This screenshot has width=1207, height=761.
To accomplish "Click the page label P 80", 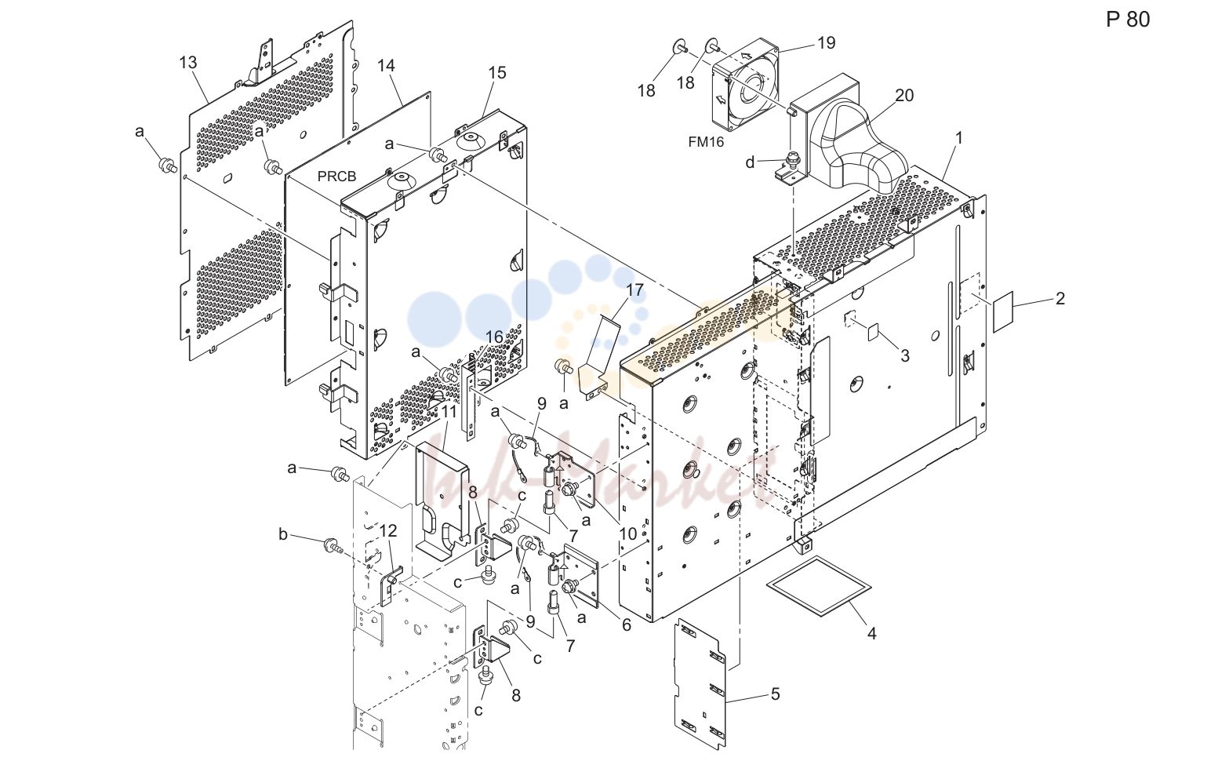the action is [1128, 20].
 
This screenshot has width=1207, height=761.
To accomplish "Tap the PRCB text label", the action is [336, 177].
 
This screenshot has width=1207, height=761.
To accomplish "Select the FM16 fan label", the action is [706, 142].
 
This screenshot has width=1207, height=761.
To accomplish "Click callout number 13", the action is [188, 63].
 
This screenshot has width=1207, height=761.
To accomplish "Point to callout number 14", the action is [386, 66].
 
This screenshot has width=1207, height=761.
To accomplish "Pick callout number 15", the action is [496, 73].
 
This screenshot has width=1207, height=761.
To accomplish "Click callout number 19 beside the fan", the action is [826, 42].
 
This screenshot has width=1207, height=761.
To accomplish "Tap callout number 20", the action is [904, 96].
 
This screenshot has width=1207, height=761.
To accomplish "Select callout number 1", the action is [958, 139].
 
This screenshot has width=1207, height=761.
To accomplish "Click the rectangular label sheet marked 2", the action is [1003, 311].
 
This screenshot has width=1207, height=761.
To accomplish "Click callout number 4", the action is [871, 634].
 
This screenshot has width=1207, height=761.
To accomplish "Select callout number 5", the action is [775, 694].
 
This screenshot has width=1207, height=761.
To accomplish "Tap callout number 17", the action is [634, 290].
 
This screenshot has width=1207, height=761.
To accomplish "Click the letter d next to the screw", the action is [750, 162].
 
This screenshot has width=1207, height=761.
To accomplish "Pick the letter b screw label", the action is [282, 534].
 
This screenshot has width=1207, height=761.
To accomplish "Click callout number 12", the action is [387, 531].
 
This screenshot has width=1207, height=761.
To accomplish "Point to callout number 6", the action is [626, 625].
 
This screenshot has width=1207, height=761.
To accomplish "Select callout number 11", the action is [449, 412].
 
